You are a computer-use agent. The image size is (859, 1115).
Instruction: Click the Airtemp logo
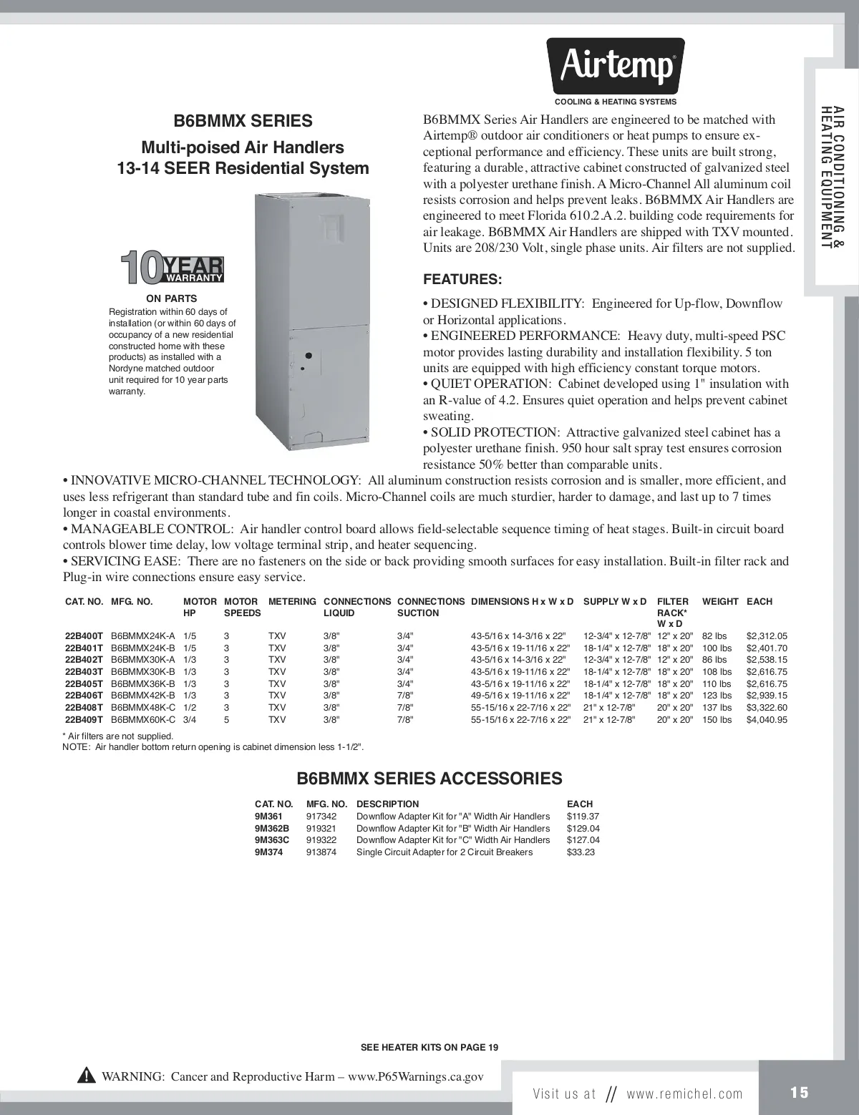pos(616,67)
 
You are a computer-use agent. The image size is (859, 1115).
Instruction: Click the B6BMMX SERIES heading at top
pos(243,121)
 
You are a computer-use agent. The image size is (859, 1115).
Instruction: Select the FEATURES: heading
pos(462,279)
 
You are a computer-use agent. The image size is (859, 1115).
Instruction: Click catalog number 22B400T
pos(84,636)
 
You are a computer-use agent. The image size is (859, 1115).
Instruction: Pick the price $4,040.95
pos(767,719)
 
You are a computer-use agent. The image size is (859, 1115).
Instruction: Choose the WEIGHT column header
pos(719,602)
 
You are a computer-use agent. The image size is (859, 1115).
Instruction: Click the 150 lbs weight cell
pos(717,719)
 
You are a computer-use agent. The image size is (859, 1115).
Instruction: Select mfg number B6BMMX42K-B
pos(143,695)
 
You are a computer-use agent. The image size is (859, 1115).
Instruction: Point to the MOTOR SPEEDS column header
pos(242,607)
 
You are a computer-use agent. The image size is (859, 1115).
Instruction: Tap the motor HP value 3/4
pos(190,719)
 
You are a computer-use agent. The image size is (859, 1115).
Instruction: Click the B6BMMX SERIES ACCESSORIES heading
pos(429,779)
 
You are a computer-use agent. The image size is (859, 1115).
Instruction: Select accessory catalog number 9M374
pos(268,852)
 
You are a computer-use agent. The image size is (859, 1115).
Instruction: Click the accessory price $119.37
pos(583,816)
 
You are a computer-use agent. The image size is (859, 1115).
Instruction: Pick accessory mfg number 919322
pos(321,839)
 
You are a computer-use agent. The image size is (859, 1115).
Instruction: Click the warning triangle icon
pos(87,1076)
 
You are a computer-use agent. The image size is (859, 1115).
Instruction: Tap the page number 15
pos(800,1093)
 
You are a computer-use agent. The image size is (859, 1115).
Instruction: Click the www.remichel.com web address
pos(684,1094)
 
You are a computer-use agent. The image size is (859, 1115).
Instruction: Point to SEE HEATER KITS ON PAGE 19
pos(429,1047)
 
